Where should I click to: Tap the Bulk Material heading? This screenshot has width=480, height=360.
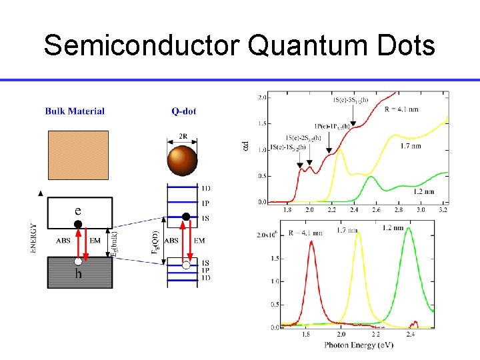point(75,111)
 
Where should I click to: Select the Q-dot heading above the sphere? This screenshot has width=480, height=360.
point(184,111)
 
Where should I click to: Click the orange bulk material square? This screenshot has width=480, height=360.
point(78,155)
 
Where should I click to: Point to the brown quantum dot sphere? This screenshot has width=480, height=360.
point(182,162)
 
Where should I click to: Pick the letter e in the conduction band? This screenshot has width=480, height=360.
point(78,210)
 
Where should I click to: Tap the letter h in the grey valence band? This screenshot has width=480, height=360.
point(78,273)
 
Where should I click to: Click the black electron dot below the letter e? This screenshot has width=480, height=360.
point(78,225)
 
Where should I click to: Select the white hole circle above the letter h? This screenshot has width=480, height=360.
point(78,261)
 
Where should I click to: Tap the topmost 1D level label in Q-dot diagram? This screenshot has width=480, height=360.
point(205,189)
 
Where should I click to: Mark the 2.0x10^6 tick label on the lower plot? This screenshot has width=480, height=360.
point(267,235)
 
